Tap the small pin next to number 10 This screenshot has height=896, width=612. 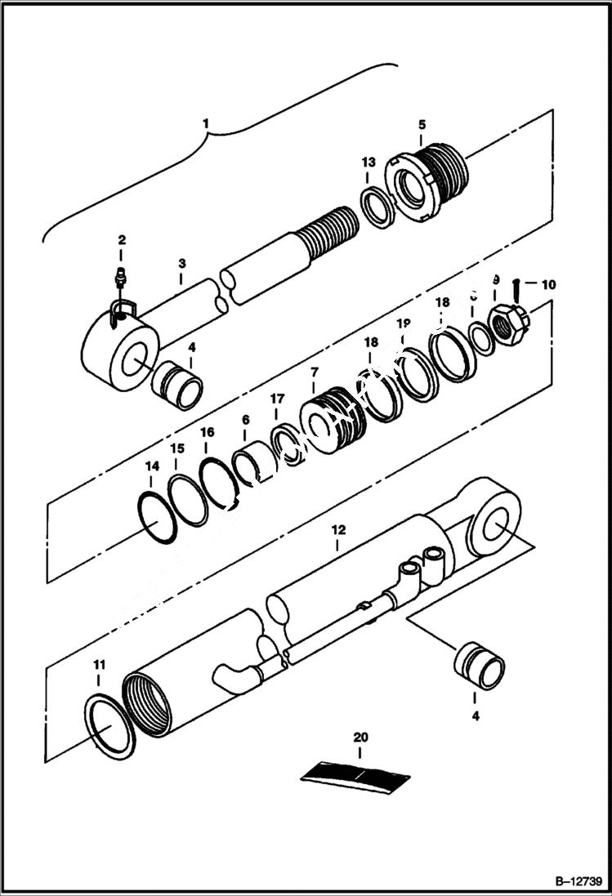coord(516,287)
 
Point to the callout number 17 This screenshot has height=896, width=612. coord(277,399)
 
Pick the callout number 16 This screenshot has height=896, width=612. coord(207,432)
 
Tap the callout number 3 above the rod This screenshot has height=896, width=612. coord(181,263)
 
